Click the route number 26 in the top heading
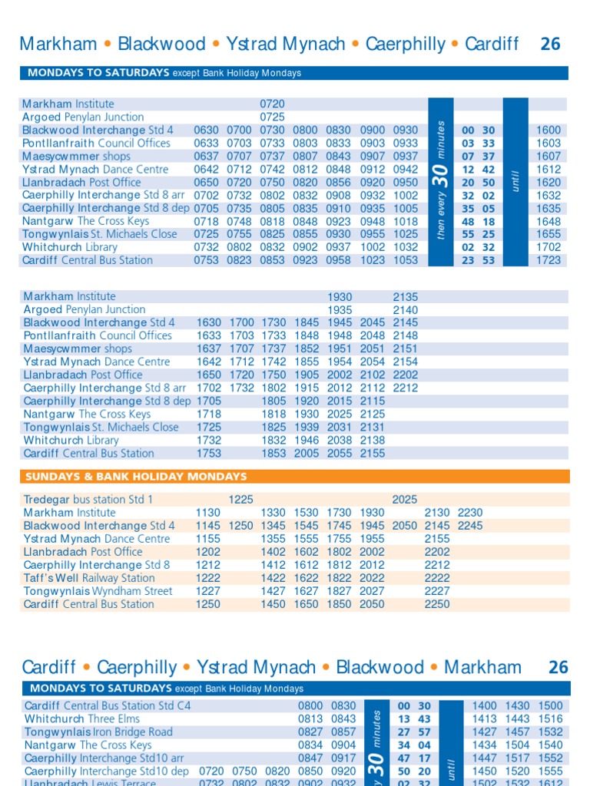pyautogui.click(x=550, y=44)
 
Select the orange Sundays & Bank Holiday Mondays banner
pyautogui.click(x=295, y=477)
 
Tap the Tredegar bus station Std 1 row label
pyautogui.click(x=88, y=500)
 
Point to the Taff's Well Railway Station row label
pyautogui.click(x=89, y=578)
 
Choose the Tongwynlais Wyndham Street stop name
pyautogui.click(x=98, y=591)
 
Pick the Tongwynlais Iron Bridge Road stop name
pyautogui.click(x=98, y=732)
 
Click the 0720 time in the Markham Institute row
pyautogui.click(x=273, y=104)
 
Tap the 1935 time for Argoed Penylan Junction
pyautogui.click(x=340, y=309)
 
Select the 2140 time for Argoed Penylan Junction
pyautogui.click(x=406, y=309)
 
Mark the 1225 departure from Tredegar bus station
pyautogui.click(x=241, y=500)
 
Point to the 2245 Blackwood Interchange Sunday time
pyautogui.click(x=471, y=526)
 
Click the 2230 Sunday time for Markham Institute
pyautogui.click(x=471, y=513)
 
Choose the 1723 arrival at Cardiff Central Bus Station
pyautogui.click(x=549, y=260)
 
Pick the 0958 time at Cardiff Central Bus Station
pyautogui.click(x=339, y=260)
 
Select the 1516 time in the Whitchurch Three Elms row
pyautogui.click(x=550, y=718)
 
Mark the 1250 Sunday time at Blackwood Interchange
pyautogui.click(x=241, y=526)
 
